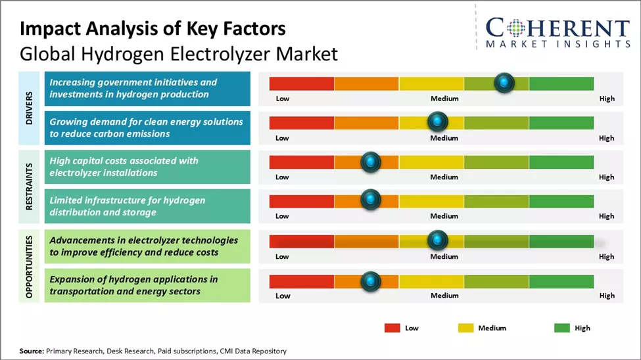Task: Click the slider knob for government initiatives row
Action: (504, 83)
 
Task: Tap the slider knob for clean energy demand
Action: (437, 122)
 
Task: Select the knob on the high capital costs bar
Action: (371, 162)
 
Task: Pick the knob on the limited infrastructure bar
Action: (371, 200)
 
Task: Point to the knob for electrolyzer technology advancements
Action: (437, 240)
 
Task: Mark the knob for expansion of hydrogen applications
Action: (371, 281)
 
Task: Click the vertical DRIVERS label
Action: (30, 108)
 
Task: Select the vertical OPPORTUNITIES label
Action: (30, 265)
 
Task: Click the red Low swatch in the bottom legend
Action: (392, 328)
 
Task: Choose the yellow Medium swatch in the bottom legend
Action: (465, 328)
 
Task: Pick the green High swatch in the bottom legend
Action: (561, 328)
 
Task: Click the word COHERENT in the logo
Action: (558, 28)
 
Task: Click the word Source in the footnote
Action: (32, 351)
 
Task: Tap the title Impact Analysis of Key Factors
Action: (153, 29)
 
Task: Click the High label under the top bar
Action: (607, 99)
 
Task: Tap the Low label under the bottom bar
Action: (282, 296)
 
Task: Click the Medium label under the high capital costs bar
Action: (444, 177)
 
